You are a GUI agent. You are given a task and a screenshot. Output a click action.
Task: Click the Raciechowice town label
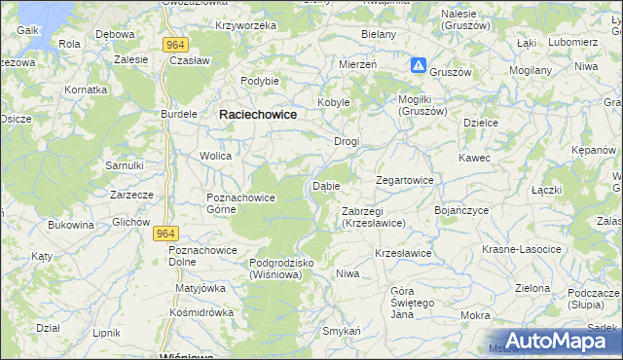tap(258, 114)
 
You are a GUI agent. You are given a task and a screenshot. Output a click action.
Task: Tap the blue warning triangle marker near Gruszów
tap(418, 65)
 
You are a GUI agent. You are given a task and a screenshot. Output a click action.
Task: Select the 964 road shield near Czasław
tap(175, 44)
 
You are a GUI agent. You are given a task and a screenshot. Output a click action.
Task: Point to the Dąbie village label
tap(326, 186)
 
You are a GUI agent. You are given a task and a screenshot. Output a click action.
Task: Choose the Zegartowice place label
tap(405, 181)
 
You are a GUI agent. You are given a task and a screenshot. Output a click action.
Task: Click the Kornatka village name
tap(85, 89)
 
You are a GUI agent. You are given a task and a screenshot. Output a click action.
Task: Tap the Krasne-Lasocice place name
tap(522, 250)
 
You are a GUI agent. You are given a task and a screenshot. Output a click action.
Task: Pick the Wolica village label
tap(215, 156)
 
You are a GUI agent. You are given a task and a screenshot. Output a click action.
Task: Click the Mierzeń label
tap(358, 62)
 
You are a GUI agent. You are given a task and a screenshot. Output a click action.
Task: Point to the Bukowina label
tap(71, 225)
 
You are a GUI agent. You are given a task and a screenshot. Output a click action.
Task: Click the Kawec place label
tap(475, 158)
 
